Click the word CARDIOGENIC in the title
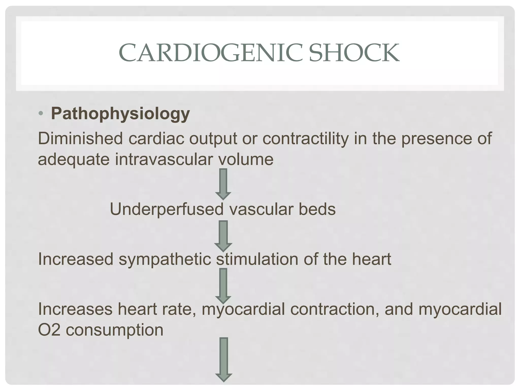(x=211, y=53)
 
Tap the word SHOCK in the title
(x=354, y=53)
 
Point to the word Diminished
(x=80, y=139)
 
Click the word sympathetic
(x=165, y=259)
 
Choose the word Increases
(x=75, y=309)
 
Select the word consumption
(x=115, y=330)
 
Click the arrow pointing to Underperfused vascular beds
(x=223, y=184)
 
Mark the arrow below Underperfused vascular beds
(x=223, y=236)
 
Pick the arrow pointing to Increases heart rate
(x=223, y=286)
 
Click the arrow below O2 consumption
(x=223, y=359)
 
